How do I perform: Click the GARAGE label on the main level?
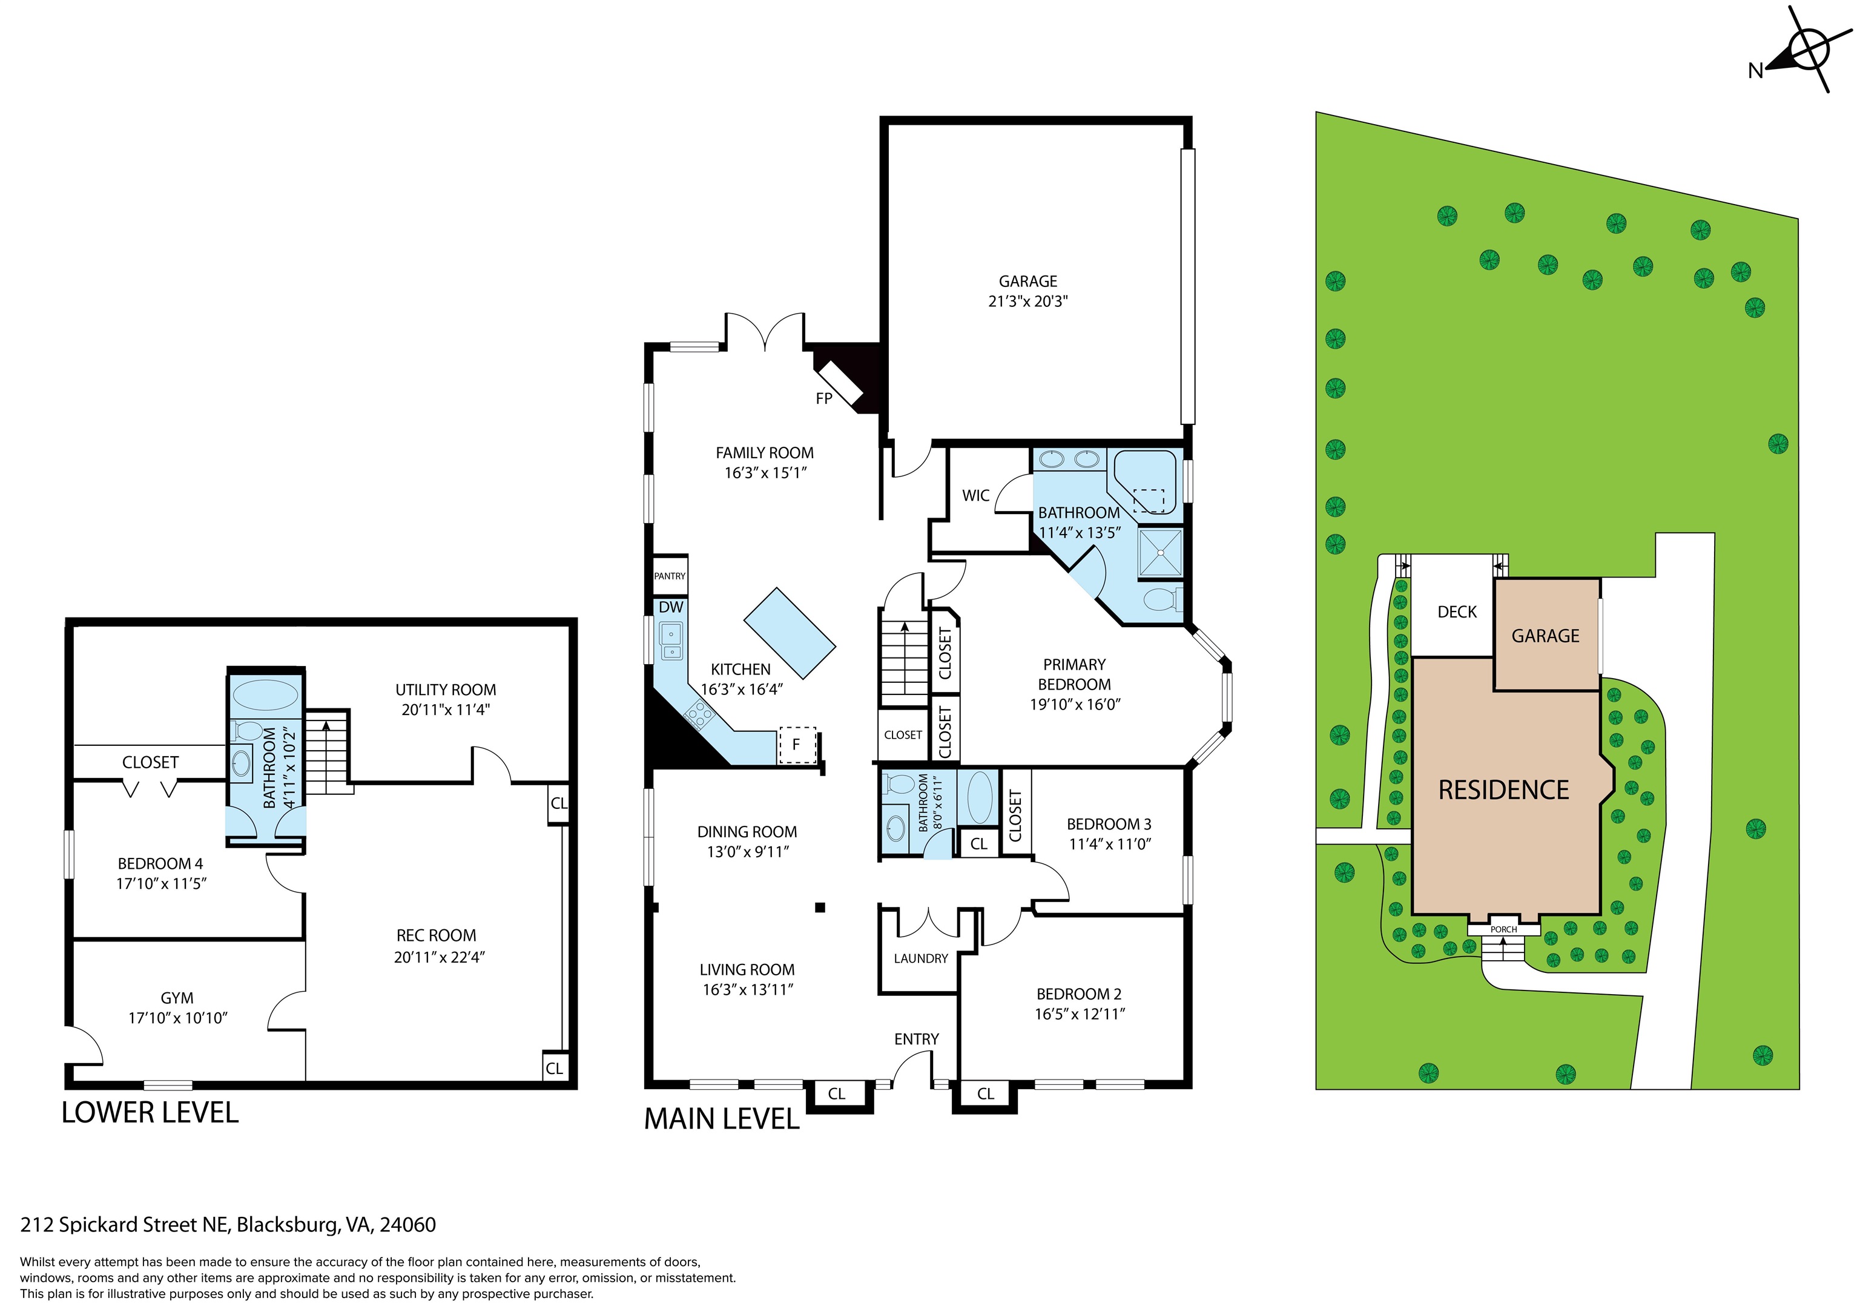(x=1027, y=281)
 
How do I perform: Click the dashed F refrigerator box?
(x=796, y=745)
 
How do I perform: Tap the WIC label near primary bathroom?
(x=975, y=496)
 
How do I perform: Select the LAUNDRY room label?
(x=920, y=958)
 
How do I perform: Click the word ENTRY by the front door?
(x=916, y=1039)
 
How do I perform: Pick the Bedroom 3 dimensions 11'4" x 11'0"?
(x=1109, y=844)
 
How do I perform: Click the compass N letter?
(x=1755, y=71)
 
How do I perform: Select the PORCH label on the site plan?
(x=1503, y=929)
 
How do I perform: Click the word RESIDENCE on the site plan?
(x=1503, y=790)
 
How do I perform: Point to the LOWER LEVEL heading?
(x=150, y=1112)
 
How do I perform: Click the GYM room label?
(x=177, y=998)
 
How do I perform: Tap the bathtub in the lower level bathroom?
(x=265, y=695)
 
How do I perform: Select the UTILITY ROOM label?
(x=446, y=690)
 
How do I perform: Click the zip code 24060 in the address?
(x=407, y=1224)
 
